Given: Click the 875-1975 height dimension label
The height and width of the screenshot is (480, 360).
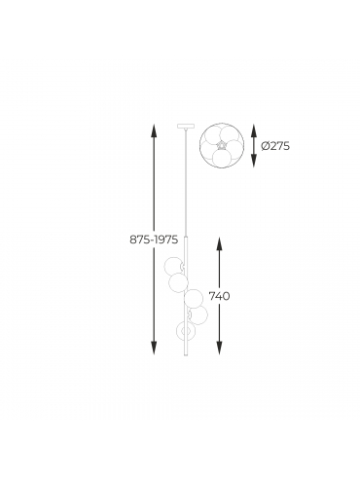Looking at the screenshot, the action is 154,240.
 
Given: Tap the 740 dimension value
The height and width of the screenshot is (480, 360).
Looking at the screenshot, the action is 219,296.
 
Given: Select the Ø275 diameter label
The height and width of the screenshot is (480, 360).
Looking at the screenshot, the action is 275,146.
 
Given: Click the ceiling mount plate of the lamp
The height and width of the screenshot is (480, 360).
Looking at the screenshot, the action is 186,126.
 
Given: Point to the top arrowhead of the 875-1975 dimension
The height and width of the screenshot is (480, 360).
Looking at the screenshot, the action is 154,129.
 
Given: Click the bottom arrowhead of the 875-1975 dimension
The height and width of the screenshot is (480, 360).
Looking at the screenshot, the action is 154,348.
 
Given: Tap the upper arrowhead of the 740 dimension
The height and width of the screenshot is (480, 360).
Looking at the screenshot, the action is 219,244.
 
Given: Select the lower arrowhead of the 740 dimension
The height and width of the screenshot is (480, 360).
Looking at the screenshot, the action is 219,348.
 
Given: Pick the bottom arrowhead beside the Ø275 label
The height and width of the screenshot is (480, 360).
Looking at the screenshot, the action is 254,161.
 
